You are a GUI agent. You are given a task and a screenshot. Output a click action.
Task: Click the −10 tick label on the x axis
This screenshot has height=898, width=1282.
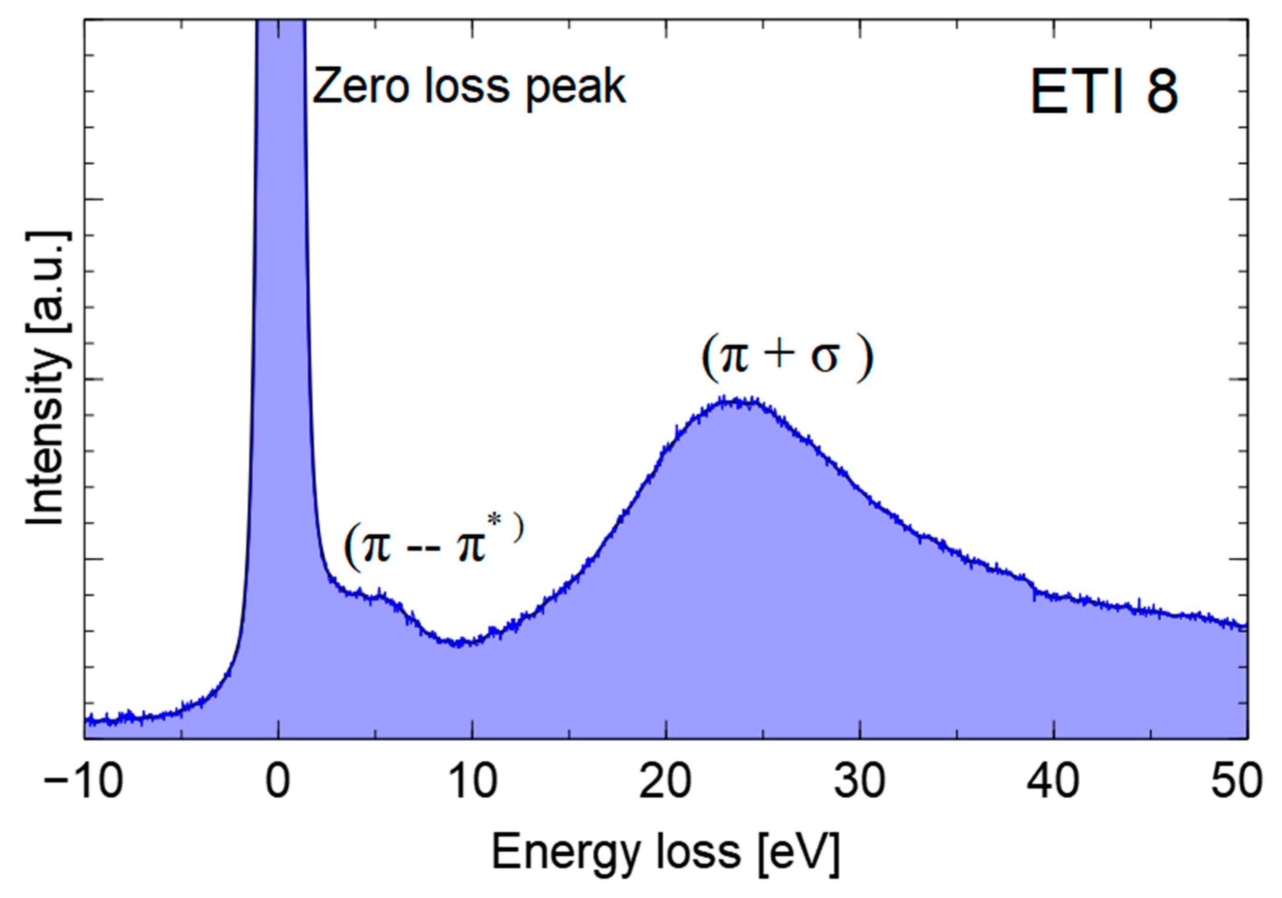[x=83, y=783]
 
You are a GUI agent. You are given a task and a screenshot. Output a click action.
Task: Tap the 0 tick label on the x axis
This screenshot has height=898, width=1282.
[x=278, y=783]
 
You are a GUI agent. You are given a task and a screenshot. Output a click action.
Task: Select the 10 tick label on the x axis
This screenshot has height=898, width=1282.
[x=472, y=783]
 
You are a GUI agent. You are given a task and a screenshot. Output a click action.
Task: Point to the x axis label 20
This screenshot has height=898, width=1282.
[x=666, y=783]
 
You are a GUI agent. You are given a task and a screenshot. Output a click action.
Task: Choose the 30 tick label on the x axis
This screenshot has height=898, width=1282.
[x=859, y=783]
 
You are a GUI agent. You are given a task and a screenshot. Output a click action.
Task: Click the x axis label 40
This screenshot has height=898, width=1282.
[x=1053, y=783]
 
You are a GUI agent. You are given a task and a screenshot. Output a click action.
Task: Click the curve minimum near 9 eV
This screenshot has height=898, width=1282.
[x=458, y=642]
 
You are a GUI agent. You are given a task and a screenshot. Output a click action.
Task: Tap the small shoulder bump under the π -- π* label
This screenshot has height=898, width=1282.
[x=381, y=595]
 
